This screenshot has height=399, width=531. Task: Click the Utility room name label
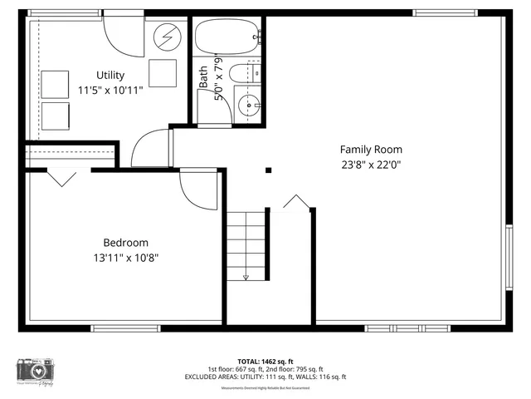[x=110, y=76]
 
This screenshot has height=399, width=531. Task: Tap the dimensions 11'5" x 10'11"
[x=110, y=90]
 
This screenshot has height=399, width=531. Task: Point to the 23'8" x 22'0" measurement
[x=370, y=165]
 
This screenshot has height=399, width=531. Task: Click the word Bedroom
[x=125, y=243]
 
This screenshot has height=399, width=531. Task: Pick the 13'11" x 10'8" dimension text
[x=125, y=258]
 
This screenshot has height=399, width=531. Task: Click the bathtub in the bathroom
[x=227, y=37]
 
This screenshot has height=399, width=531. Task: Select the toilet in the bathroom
[x=243, y=73]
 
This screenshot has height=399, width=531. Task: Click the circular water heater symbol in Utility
[x=168, y=37]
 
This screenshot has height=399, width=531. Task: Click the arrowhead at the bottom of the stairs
[x=246, y=277]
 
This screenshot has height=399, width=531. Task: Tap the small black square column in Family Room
[x=268, y=170]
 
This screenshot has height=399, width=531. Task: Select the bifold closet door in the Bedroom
[x=62, y=177]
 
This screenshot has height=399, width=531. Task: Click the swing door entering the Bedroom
[x=197, y=190]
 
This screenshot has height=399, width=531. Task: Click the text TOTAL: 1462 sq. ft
[x=265, y=361]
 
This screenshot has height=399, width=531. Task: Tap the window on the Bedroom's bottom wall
[x=125, y=328]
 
